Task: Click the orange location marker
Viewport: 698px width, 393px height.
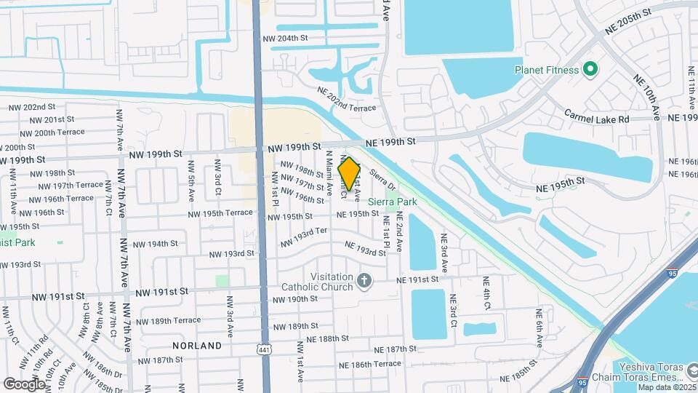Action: [349, 174]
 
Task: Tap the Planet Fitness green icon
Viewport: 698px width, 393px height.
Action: [591, 70]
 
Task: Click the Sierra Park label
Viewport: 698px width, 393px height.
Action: [393, 201]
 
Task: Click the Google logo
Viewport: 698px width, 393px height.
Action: [23, 384]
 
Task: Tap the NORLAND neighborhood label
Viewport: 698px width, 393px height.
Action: [197, 346]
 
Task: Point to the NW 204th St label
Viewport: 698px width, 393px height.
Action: [285, 38]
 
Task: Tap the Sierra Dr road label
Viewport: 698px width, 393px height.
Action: [382, 178]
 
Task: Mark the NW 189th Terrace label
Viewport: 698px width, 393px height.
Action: [167, 320]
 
